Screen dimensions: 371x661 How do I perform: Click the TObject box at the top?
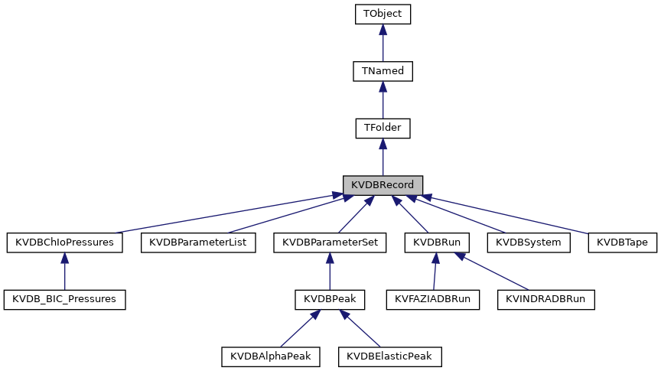tap(383, 14)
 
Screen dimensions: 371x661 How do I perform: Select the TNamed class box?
tap(383, 71)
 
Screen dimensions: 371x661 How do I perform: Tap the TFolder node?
tap(383, 128)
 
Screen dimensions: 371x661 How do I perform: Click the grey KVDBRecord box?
tap(383, 185)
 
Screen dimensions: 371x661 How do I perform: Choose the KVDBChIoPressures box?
tap(64, 242)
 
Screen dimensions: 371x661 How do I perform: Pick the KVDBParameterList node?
tap(198, 242)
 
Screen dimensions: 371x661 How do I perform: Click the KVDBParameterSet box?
tap(329, 242)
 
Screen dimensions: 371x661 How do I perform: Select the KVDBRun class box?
tap(436, 242)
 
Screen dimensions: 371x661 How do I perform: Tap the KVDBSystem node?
tap(529, 242)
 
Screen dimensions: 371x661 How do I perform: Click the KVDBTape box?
tap(622, 242)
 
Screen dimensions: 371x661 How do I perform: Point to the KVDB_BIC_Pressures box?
tap(64, 299)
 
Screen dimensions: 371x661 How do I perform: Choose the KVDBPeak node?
tap(329, 299)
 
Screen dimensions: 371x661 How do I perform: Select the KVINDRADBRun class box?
tap(545, 299)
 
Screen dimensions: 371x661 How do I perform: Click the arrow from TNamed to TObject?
tap(383, 43)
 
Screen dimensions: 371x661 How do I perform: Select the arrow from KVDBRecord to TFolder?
tap(383, 157)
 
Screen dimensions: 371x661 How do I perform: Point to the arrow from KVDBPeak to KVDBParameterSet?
tap(329, 271)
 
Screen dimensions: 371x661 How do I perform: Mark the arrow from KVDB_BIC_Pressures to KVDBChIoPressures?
tap(64, 271)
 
